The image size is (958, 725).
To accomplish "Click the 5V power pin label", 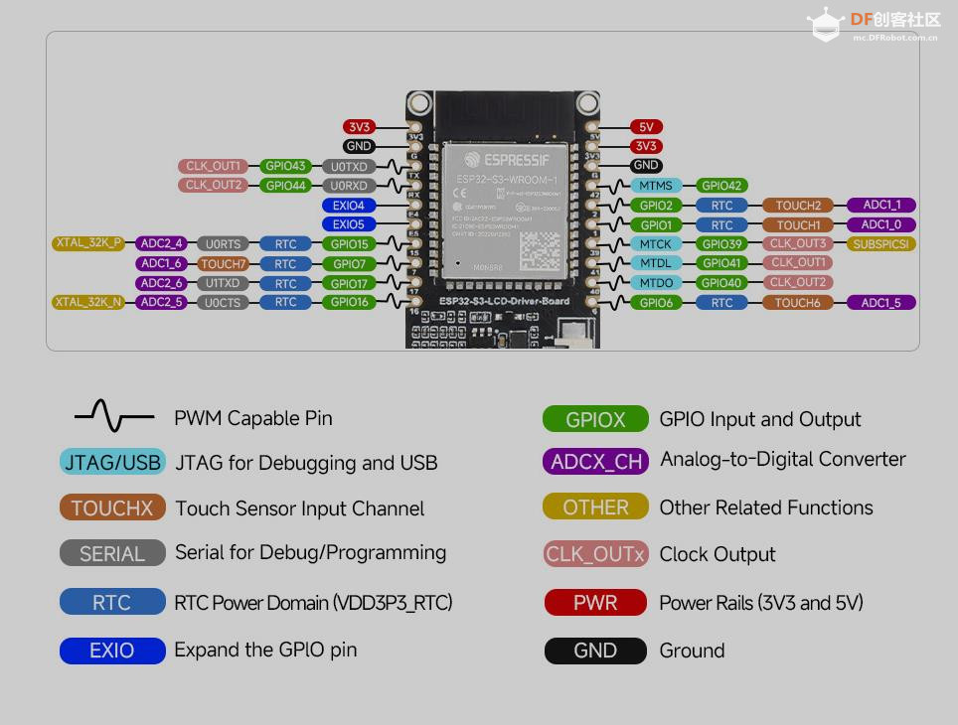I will click(646, 127).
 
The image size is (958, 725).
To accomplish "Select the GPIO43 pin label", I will click(286, 166).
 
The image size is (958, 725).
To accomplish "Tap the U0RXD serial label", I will click(349, 186).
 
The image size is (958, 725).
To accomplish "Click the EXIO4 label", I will click(349, 206).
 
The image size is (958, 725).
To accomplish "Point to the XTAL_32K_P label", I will click(88, 243).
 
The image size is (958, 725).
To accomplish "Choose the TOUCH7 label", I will click(223, 264).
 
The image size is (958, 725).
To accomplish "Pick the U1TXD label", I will click(223, 283).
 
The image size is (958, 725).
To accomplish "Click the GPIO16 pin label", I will click(349, 302).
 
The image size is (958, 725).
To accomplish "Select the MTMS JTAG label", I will click(656, 186).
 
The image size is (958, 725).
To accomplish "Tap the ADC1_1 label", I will click(881, 206).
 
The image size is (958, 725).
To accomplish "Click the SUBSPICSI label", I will click(881, 243).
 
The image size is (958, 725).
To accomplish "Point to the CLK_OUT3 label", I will click(798, 243).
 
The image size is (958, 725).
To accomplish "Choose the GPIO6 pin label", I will click(656, 303).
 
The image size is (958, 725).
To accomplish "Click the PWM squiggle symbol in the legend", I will click(114, 417).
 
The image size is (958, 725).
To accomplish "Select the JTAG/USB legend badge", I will click(112, 463).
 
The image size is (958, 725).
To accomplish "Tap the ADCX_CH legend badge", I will click(596, 461).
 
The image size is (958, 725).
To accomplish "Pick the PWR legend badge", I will click(595, 603).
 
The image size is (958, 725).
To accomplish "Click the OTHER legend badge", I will click(595, 507).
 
